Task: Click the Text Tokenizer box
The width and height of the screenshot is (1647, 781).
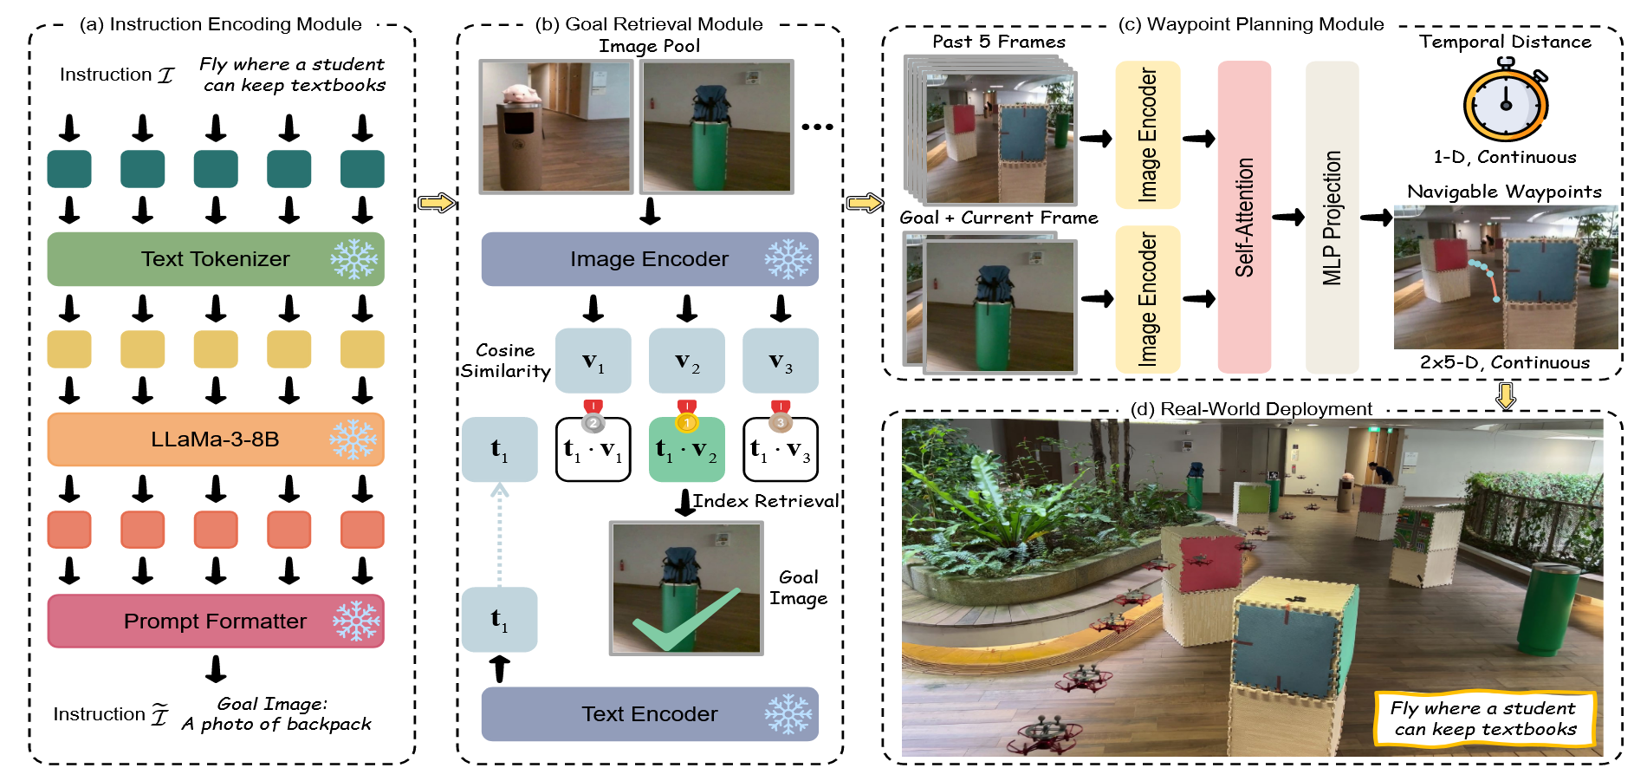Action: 215,259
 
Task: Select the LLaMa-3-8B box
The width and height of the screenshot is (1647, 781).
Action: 215,439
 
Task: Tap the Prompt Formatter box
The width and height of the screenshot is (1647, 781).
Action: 215,622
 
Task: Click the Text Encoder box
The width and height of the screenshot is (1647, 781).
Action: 649,714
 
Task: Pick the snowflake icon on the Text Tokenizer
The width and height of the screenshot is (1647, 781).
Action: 353,259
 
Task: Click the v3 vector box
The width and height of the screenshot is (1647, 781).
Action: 780,361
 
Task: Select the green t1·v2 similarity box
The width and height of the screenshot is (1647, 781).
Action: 686,450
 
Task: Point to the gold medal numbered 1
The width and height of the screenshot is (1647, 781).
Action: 686,421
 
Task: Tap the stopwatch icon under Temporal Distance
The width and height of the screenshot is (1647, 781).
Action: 1506,101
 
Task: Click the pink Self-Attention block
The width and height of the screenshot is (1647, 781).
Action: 1244,217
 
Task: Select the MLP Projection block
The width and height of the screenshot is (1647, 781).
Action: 1332,217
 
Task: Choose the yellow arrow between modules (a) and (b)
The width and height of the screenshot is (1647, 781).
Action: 437,203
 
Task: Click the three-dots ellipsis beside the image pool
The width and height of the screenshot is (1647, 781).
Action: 817,127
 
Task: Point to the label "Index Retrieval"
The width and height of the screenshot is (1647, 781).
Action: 766,501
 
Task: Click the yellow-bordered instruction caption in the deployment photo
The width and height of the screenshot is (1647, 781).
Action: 1484,719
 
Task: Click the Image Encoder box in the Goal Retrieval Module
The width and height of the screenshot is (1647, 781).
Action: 649,259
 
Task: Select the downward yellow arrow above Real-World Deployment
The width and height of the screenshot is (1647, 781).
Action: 1506,395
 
